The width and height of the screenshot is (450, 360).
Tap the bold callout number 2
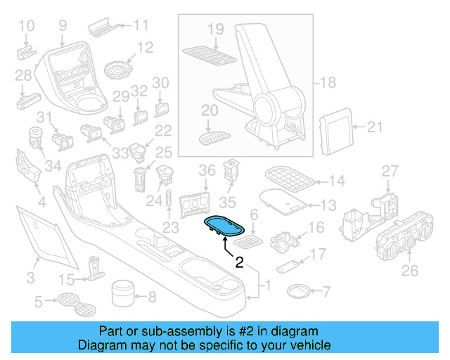239,263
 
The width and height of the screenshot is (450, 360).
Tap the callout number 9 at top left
62,25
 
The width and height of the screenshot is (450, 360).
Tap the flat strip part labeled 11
103,29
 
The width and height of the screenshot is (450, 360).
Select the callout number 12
145,48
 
